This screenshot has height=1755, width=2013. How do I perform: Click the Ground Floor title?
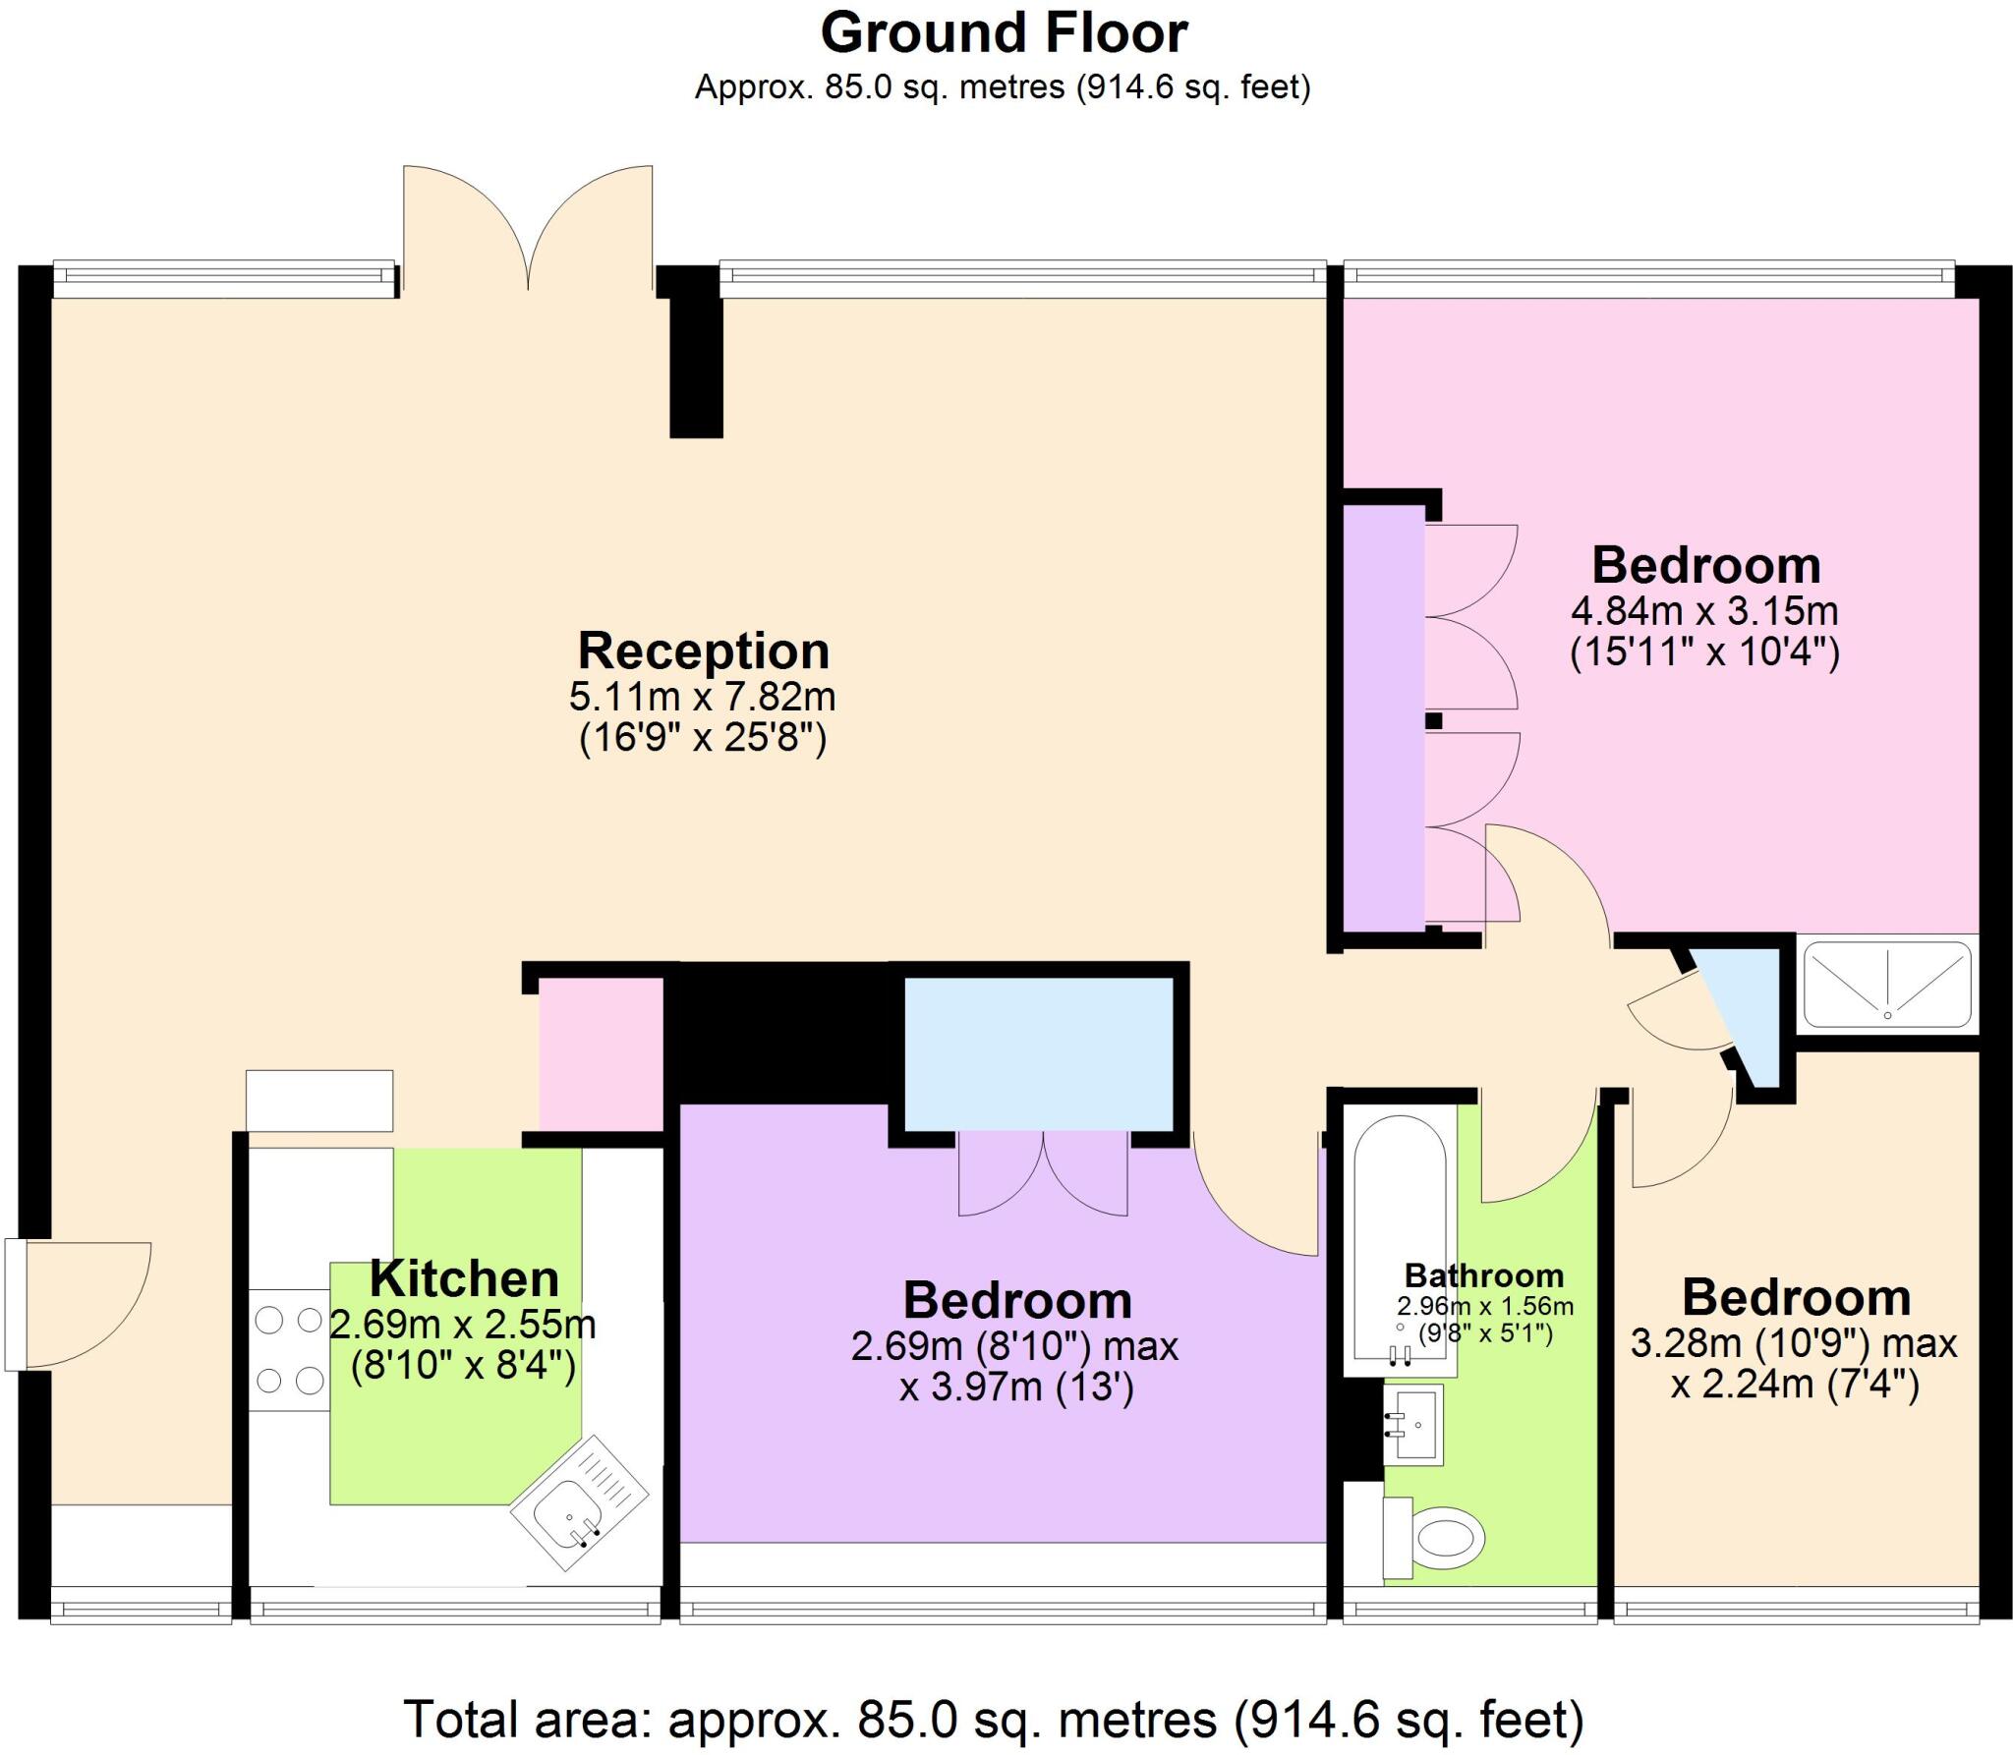coord(1004,33)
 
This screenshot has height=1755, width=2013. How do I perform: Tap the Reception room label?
coord(703,651)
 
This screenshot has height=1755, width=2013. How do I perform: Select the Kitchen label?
coord(464,1278)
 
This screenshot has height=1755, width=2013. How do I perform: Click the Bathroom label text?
coord(1483,1275)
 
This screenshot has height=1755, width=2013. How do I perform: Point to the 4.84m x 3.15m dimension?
coord(1704,611)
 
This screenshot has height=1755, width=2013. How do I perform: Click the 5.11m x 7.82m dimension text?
coord(703,697)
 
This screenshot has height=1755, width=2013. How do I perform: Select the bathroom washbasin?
coord(1413,1424)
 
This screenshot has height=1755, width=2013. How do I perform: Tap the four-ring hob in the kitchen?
coord(289,1350)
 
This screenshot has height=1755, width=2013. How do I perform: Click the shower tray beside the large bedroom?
coord(1887,983)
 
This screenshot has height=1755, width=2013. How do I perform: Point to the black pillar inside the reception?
coord(696,366)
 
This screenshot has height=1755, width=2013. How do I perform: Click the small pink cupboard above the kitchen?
coord(601,1053)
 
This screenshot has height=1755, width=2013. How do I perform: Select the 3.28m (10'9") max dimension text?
coord(1794,1343)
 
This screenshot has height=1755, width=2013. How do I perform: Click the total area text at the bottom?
coord(993,1719)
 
